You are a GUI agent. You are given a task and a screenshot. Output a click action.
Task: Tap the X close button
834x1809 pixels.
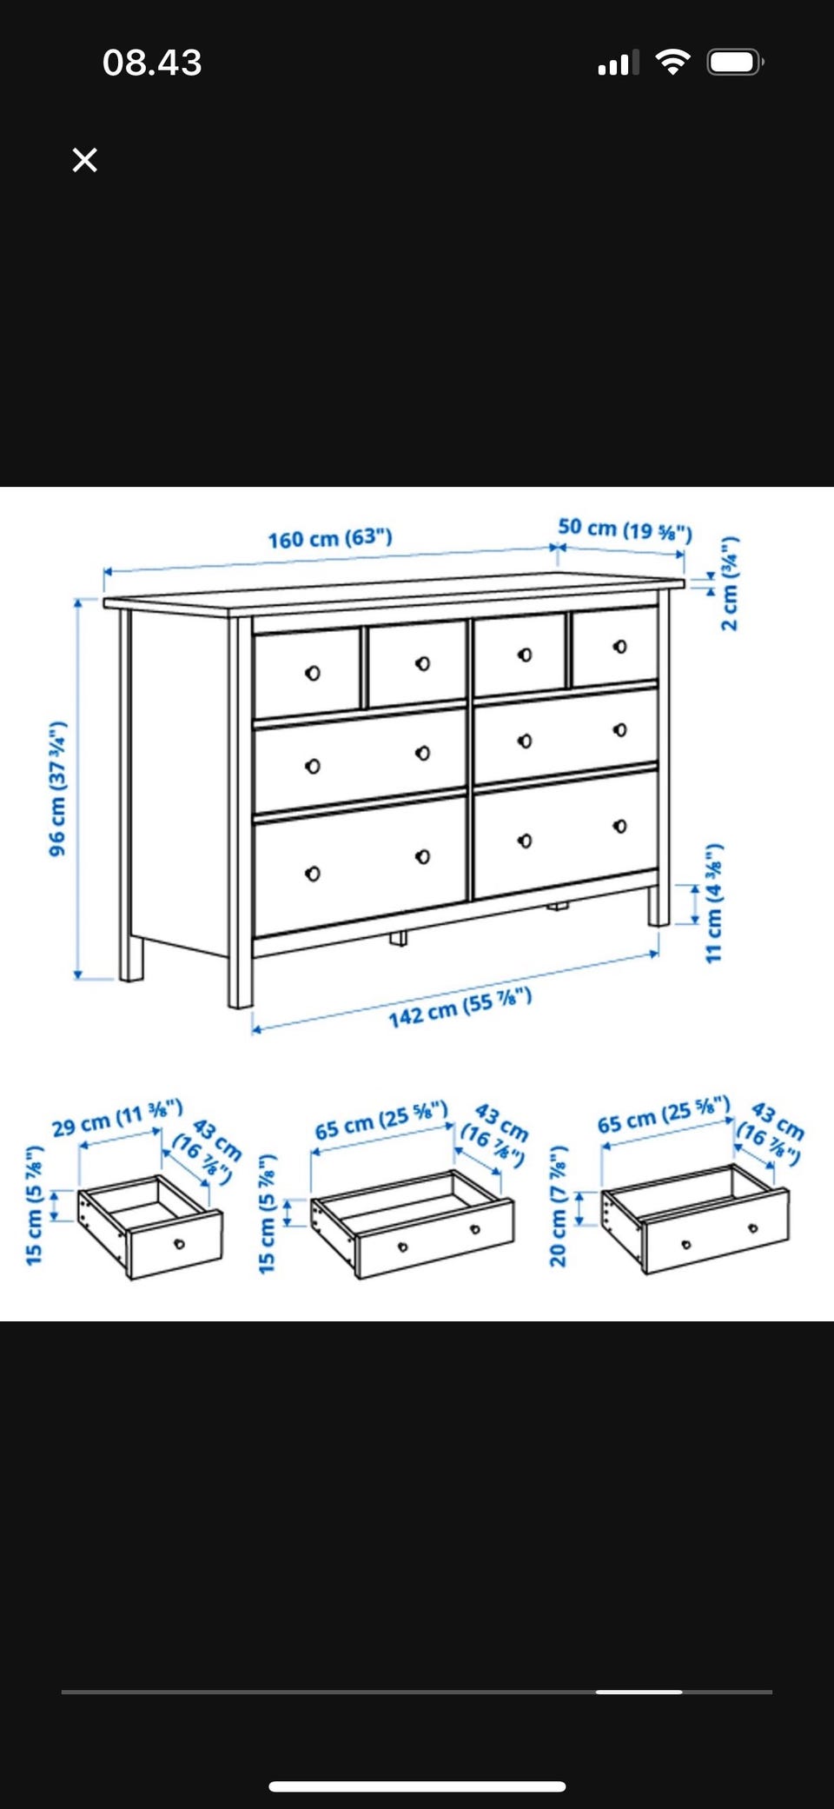84,160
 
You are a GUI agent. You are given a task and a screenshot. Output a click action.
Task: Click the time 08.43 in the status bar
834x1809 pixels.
152,63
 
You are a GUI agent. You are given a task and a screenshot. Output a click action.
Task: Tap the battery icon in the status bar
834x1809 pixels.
735,63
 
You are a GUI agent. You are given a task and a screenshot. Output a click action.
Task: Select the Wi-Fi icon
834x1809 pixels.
672,62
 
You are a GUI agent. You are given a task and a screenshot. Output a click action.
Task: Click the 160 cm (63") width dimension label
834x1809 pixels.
330,538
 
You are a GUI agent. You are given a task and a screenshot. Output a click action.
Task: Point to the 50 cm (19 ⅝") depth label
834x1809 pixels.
625,529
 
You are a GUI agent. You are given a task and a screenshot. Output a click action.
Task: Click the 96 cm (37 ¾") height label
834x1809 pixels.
57,788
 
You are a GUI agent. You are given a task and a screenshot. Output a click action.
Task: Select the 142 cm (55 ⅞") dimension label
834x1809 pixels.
460,1008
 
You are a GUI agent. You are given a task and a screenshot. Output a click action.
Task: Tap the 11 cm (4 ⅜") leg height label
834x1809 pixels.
713,902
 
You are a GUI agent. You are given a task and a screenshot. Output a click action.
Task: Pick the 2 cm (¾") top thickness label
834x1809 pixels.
730,583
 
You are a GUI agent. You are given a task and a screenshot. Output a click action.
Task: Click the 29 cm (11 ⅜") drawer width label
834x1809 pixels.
117,1118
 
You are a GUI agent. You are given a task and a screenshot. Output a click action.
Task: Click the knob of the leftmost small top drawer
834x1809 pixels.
313,674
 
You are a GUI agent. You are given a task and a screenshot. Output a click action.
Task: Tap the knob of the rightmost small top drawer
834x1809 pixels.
619,647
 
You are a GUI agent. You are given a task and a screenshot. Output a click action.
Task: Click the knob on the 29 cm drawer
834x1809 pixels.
179,1244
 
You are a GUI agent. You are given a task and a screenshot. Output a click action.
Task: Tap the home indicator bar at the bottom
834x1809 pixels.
417,1786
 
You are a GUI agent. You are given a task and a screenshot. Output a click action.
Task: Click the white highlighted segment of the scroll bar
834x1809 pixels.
639,1692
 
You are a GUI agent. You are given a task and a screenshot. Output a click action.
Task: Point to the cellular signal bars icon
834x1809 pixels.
619,63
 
